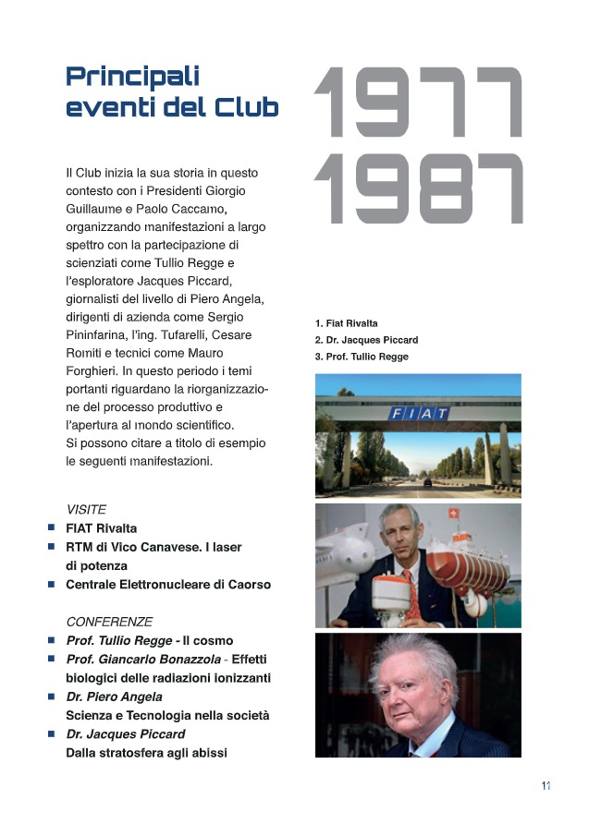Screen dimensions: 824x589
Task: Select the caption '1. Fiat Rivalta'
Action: (347, 323)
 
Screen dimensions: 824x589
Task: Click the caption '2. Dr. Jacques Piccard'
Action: (366, 340)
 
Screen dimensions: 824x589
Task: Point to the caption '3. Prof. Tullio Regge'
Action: (362, 357)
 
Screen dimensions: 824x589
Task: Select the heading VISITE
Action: (86, 509)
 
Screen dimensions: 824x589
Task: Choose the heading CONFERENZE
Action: (109, 622)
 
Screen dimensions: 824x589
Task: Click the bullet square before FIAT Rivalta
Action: (52, 528)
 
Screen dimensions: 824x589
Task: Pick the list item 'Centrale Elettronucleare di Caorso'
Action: (167, 585)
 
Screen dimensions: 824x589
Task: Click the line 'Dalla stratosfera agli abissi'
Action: (146, 753)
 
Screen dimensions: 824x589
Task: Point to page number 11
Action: (546, 785)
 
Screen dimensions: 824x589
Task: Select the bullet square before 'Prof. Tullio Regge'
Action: (52, 640)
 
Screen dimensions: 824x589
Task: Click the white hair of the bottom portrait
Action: (411, 658)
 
